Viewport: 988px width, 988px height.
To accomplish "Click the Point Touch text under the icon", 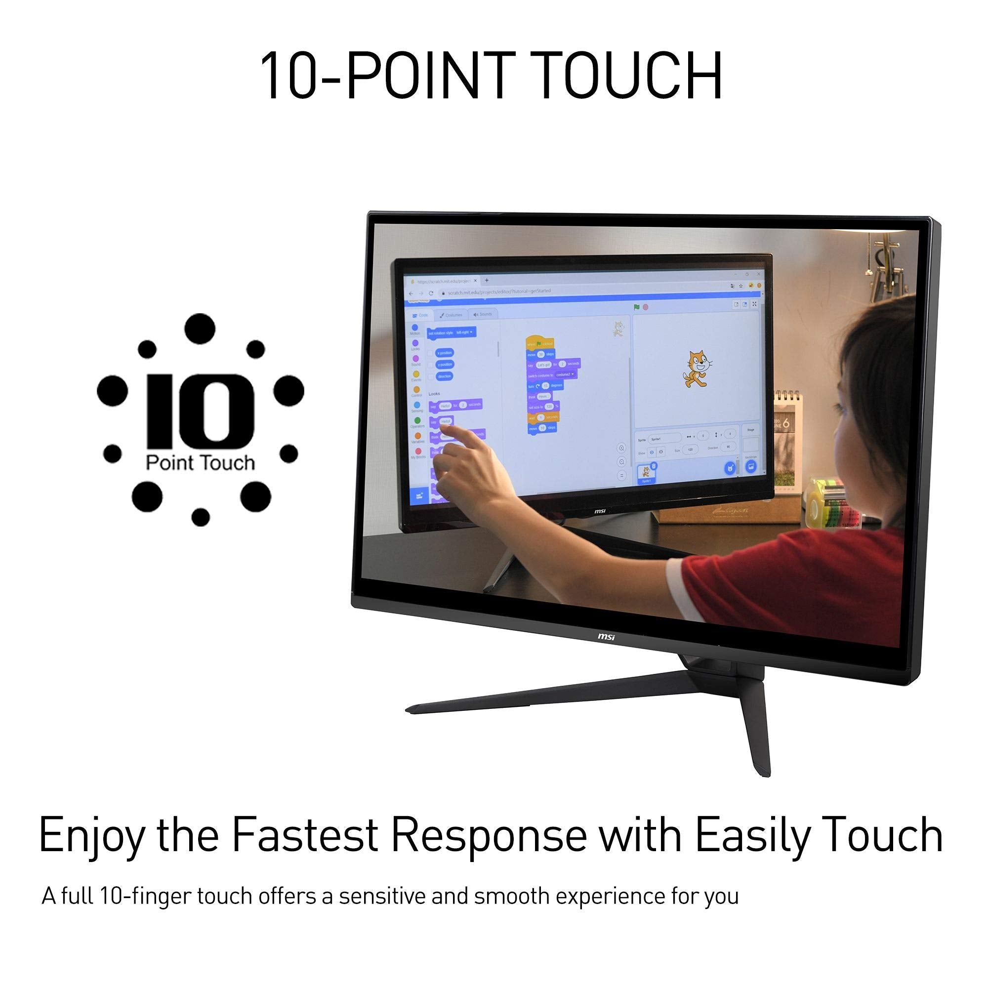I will click(200, 463).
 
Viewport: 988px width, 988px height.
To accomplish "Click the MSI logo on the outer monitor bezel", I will click(607, 637).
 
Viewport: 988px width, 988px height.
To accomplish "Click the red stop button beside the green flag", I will click(645, 307).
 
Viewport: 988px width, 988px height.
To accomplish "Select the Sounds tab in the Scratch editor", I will click(483, 315).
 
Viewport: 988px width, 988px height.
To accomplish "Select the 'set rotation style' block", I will click(452, 332).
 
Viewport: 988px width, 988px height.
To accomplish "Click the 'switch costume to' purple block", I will click(551, 374).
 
